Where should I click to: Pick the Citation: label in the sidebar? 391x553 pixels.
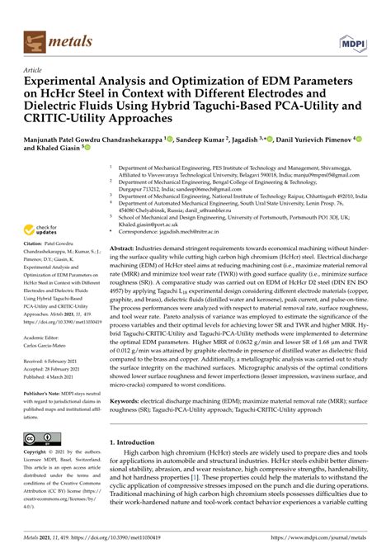coord(38,245)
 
